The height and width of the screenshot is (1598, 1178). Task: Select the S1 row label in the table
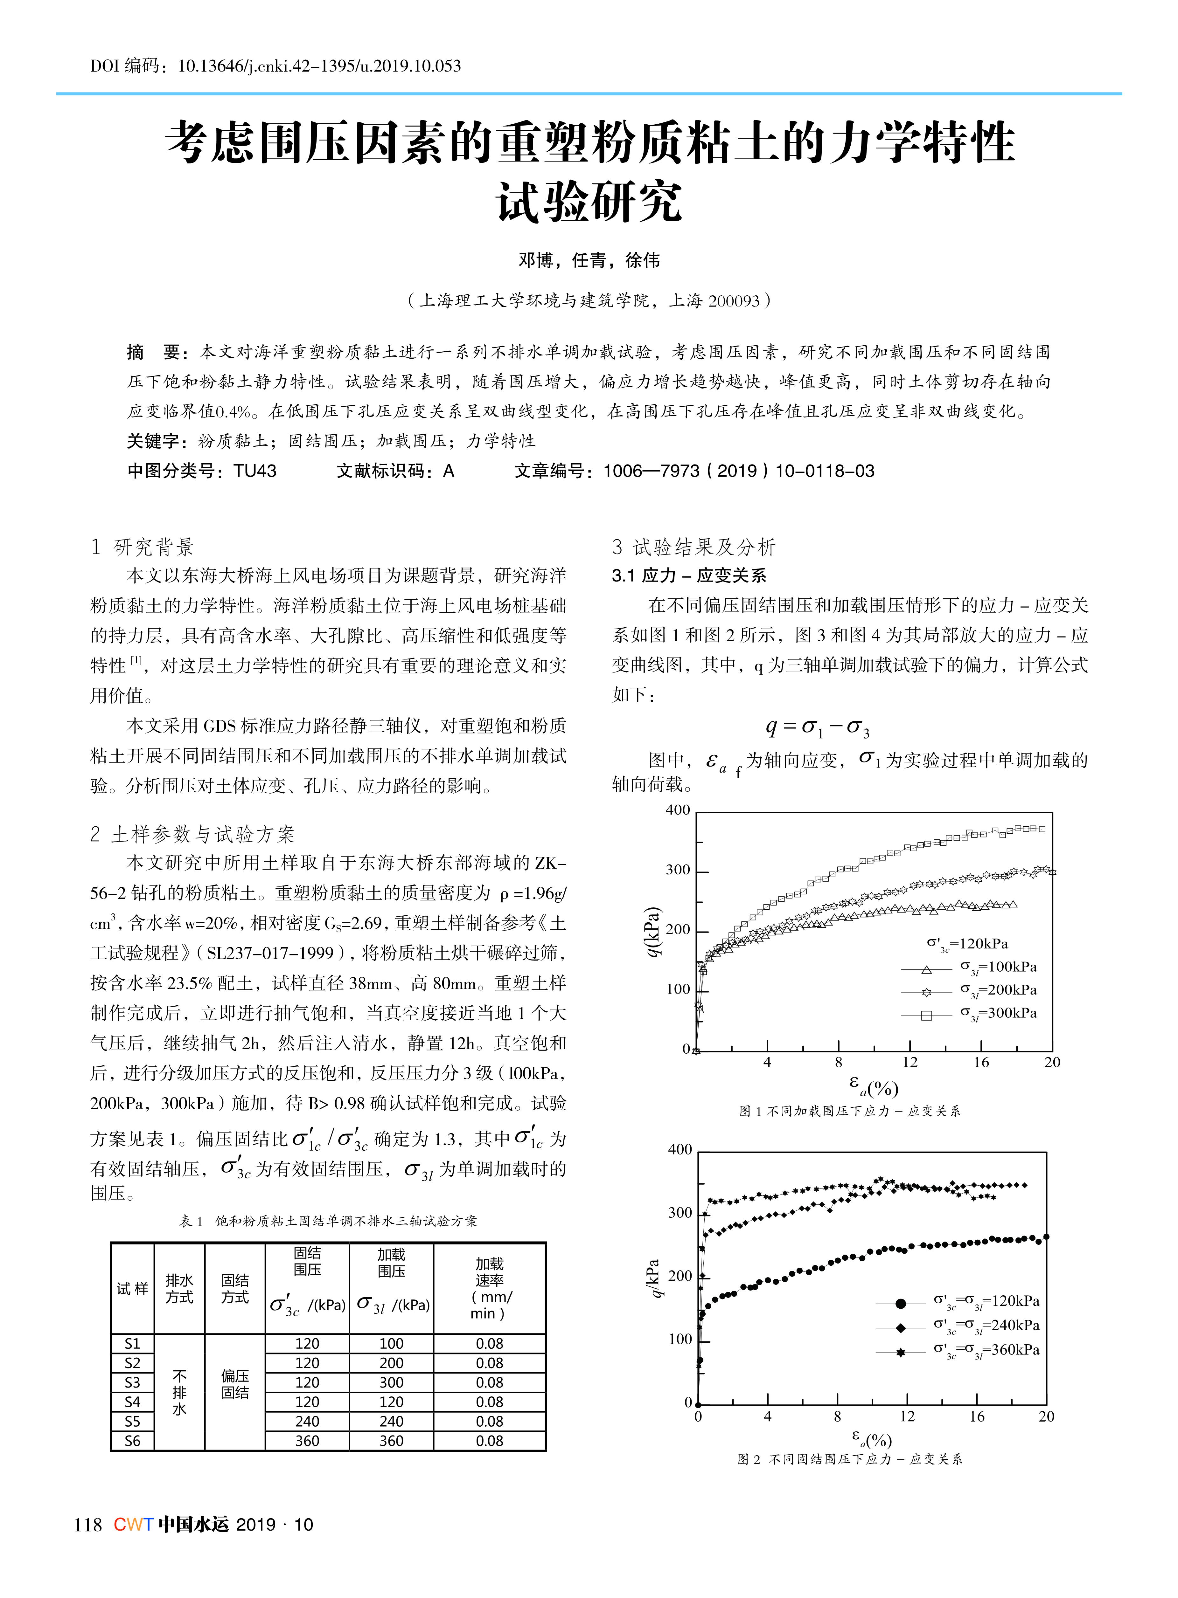click(x=133, y=1344)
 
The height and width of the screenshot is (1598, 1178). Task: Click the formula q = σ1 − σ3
click(x=817, y=728)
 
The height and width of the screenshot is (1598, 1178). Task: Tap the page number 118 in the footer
click(x=88, y=1525)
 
